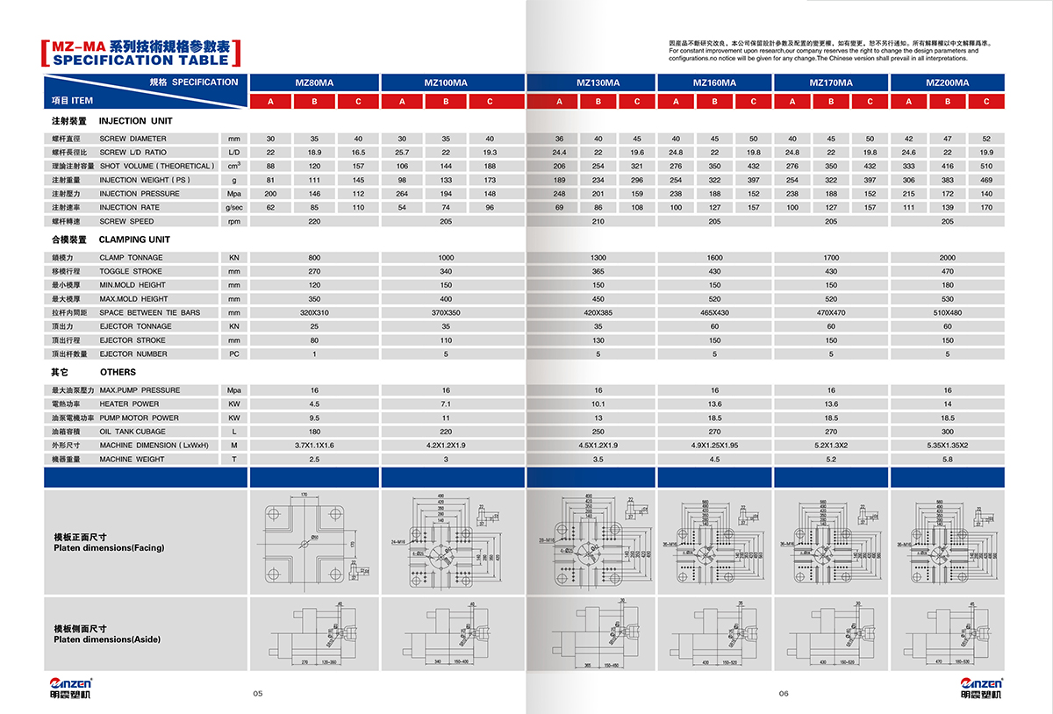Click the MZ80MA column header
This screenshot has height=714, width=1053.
[x=314, y=82]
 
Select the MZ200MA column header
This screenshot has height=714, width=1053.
[x=948, y=82]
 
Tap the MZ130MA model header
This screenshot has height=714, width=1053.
[x=598, y=82]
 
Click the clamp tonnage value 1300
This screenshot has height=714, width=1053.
[x=598, y=258]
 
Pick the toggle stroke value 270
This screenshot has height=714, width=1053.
[x=314, y=272]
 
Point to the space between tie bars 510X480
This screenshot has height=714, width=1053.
[x=948, y=312]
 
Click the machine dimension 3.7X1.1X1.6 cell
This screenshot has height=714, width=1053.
[x=314, y=446]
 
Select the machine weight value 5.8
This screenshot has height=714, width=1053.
[x=948, y=459]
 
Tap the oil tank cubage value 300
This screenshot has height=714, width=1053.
[x=948, y=432]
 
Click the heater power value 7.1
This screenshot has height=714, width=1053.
[x=446, y=404]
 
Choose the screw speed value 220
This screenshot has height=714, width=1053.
[x=314, y=221]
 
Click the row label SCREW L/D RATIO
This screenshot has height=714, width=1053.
[x=133, y=153]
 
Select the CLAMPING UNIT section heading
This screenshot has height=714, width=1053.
[x=134, y=239]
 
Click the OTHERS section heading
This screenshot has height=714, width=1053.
[x=118, y=372]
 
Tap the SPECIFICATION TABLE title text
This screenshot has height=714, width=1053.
[x=141, y=60]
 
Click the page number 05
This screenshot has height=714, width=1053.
[x=258, y=694]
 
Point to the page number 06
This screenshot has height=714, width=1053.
[x=784, y=694]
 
